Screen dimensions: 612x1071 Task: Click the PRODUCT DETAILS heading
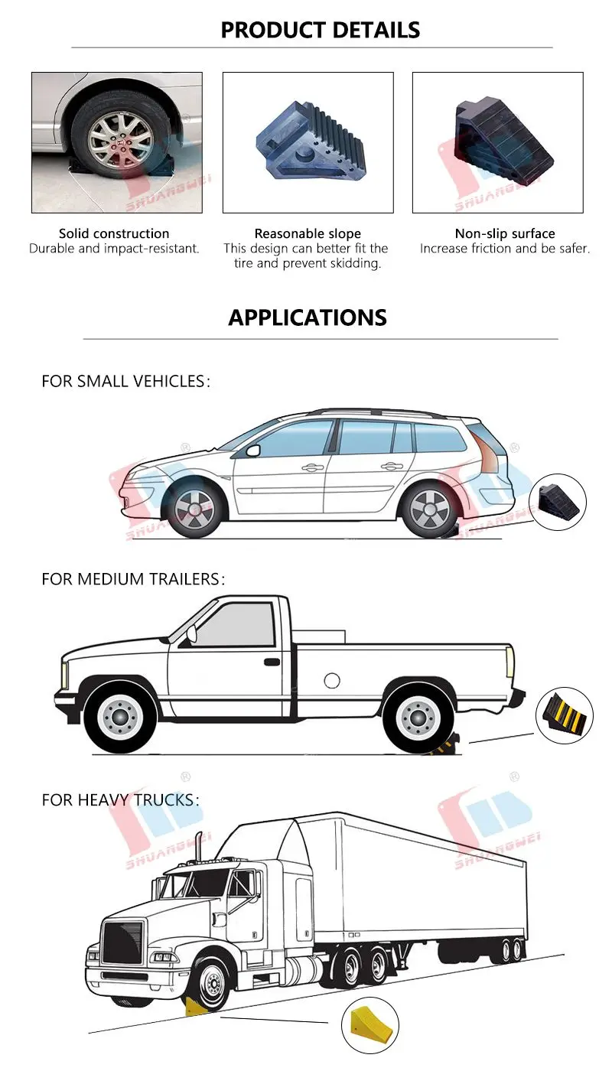320,30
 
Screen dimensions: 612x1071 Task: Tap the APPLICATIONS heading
308,317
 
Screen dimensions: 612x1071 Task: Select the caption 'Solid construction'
114,233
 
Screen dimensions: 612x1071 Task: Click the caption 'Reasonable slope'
308,233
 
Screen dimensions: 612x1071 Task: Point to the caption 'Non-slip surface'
505,233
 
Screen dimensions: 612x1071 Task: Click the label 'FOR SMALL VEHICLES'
125,381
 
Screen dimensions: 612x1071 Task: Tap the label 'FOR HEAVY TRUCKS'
120,800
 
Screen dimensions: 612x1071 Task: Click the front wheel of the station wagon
194,508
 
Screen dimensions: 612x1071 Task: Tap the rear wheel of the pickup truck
416,716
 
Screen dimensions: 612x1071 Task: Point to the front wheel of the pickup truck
120,716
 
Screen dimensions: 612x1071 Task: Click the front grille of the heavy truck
122,941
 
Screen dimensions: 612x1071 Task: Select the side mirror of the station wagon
252,450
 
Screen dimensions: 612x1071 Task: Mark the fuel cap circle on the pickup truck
331,680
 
